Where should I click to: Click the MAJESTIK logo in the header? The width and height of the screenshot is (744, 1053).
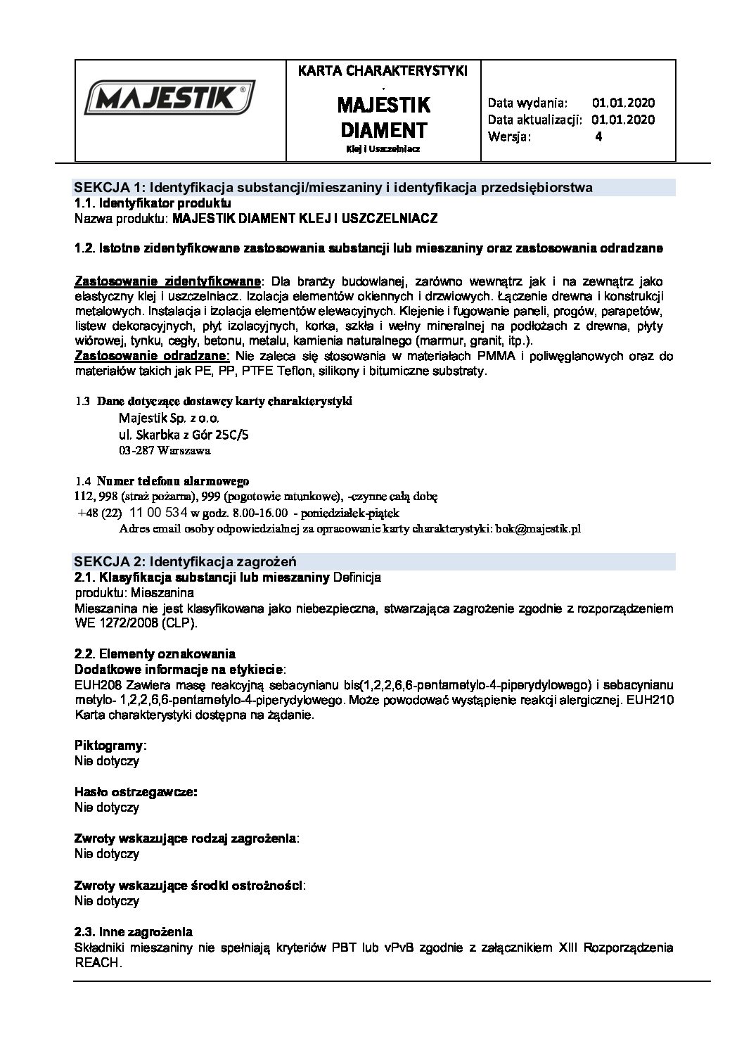click(169, 98)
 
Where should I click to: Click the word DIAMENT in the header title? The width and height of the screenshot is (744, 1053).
click(383, 130)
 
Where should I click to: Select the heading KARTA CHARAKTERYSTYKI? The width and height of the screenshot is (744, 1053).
click(383, 70)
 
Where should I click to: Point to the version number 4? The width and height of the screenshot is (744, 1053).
click(598, 137)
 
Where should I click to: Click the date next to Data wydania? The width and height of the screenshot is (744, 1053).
click(623, 102)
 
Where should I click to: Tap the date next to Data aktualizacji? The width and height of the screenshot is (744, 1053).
click(623, 120)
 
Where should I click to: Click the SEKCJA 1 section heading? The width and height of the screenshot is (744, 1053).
click(333, 187)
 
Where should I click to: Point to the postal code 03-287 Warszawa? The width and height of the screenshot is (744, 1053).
click(165, 449)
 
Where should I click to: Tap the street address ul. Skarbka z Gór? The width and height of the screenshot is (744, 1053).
click(184, 434)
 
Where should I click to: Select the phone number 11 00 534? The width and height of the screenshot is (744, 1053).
click(159, 512)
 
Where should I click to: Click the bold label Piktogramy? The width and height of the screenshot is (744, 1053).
click(110, 745)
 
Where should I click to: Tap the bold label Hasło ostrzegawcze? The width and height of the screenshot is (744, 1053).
click(135, 792)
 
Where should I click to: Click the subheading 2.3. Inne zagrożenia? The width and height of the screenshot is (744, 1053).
click(134, 932)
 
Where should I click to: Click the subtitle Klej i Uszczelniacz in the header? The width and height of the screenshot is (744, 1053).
click(383, 149)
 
